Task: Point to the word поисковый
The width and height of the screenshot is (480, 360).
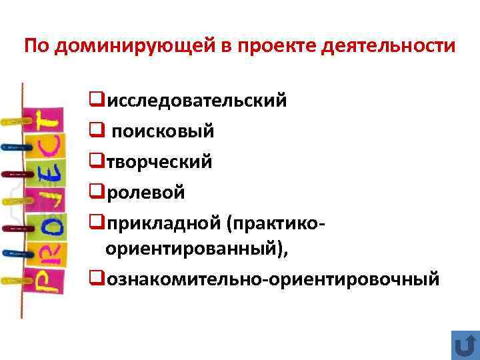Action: tap(163, 131)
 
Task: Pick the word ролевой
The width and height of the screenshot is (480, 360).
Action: tap(147, 193)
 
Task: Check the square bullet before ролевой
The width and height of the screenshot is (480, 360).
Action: tap(95, 193)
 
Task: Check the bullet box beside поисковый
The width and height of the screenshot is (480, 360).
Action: tap(95, 131)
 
